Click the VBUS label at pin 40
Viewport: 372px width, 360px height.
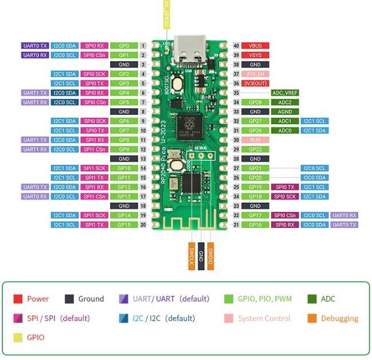255,45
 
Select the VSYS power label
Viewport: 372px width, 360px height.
255,55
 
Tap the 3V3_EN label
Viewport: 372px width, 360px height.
255,74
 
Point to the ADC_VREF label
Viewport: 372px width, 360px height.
284,93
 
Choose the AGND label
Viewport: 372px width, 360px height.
284,112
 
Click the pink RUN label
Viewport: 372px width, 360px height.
255,140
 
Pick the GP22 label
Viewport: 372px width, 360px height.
255,149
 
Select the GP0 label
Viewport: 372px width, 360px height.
124,45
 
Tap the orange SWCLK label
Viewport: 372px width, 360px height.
191,255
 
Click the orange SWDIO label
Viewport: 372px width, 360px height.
210,255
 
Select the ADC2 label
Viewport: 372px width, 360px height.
284,102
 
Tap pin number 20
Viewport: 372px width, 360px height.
143,225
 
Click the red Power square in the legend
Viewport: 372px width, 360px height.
18,299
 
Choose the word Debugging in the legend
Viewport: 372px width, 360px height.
339,318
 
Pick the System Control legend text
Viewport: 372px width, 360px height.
264,318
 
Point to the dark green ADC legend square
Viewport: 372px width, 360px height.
312,299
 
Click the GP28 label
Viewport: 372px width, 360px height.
255,102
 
